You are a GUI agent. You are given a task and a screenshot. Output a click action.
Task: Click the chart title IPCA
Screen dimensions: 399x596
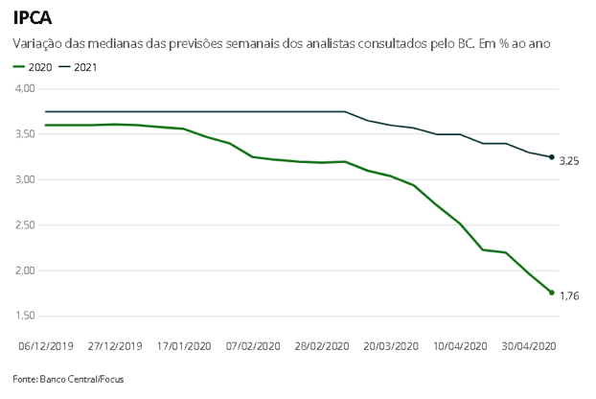click(x=33, y=17)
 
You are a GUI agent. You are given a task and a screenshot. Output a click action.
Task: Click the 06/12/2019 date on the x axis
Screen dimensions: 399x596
click(x=46, y=346)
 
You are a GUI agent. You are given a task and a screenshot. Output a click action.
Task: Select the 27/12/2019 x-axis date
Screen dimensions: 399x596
click(x=115, y=346)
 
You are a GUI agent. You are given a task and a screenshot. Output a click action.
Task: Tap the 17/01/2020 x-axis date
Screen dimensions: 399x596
click(x=183, y=346)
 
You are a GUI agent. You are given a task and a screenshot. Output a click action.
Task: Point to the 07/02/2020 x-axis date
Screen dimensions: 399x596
click(x=252, y=346)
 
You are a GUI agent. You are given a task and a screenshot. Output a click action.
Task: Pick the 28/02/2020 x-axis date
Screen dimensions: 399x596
click(x=321, y=346)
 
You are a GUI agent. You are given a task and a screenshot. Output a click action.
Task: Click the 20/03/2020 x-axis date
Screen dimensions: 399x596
click(x=390, y=346)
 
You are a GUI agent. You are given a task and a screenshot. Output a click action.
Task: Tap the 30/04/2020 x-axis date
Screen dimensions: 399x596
click(x=528, y=346)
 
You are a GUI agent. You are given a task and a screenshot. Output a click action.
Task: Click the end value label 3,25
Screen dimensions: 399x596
click(x=569, y=161)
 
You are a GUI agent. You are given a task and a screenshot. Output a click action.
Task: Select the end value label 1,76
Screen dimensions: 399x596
click(x=569, y=296)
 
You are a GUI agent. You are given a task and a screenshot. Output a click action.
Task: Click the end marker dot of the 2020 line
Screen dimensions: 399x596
click(x=552, y=293)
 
